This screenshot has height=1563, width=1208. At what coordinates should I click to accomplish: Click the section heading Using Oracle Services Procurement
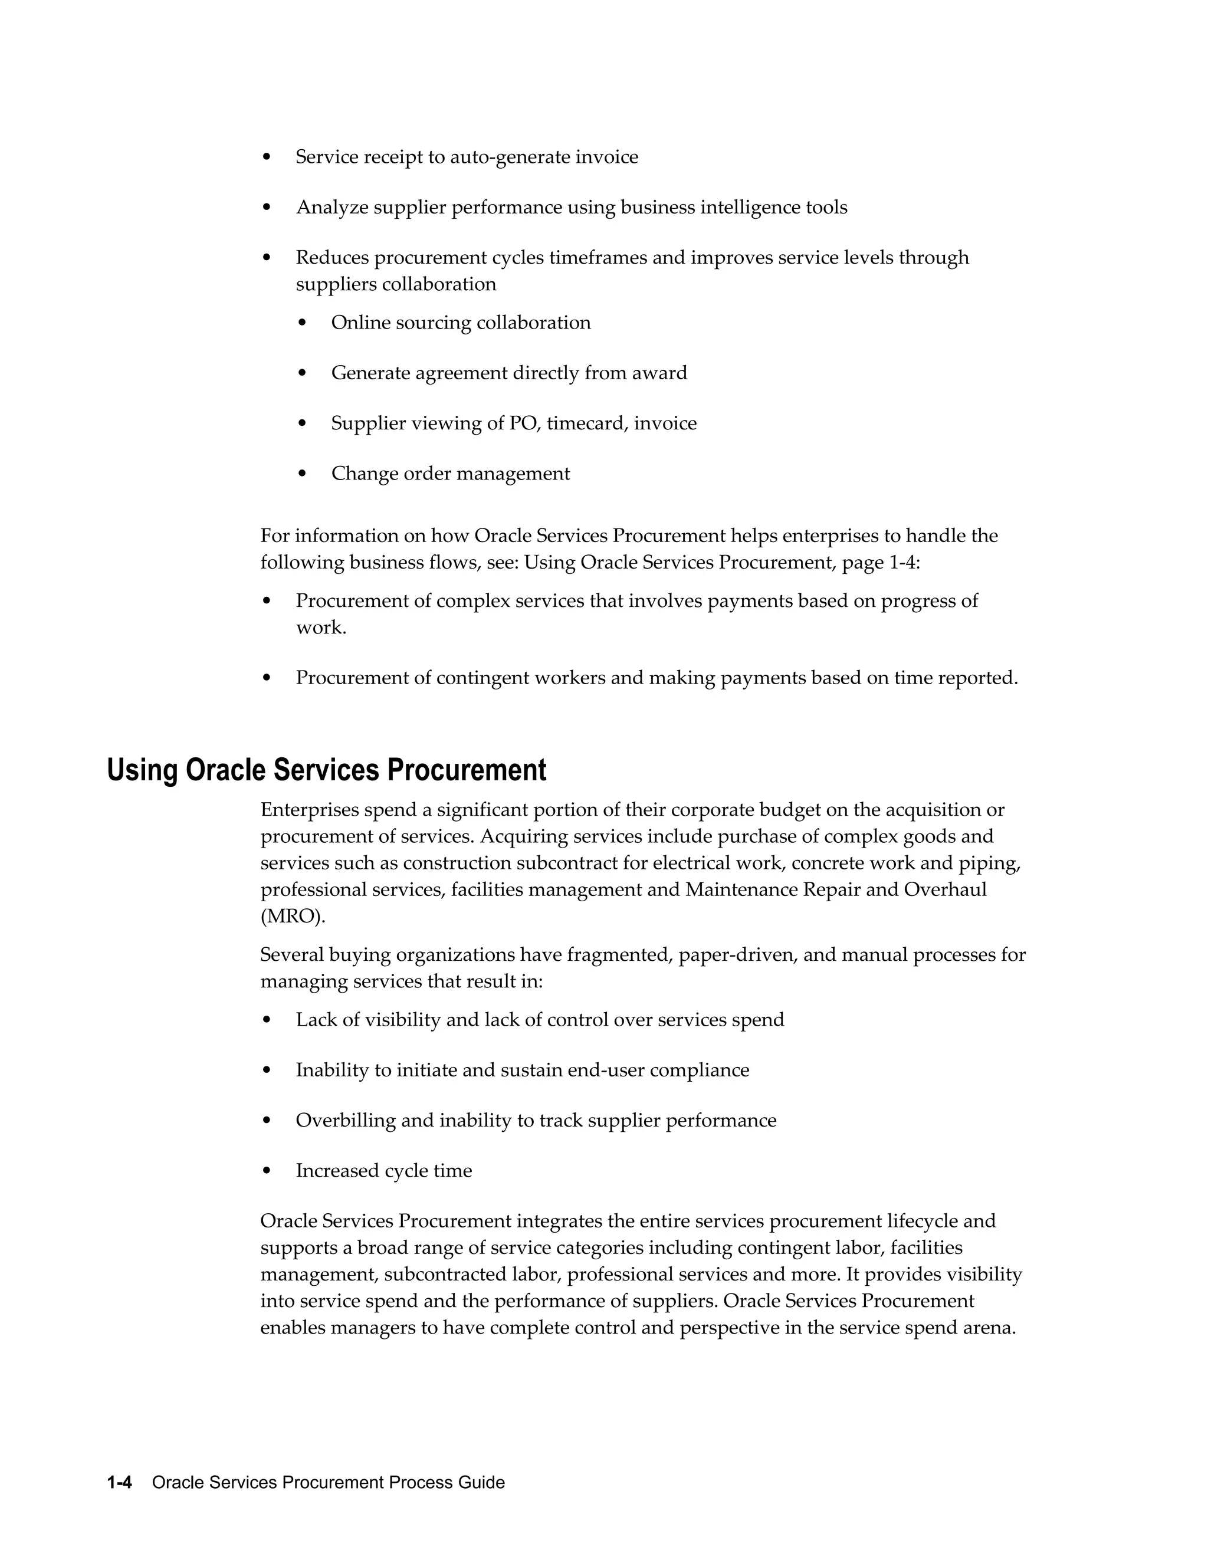[326, 771]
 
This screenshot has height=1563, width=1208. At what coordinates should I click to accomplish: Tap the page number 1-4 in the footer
[120, 1482]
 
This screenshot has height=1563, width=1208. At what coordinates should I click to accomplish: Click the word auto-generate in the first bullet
[510, 157]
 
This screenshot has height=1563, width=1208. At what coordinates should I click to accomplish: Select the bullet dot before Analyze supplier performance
[267, 208]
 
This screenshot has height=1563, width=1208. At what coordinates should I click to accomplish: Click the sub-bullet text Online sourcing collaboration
[461, 323]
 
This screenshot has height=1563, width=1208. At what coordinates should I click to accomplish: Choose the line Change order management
[450, 474]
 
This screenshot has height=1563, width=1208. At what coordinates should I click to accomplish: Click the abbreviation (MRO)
[293, 917]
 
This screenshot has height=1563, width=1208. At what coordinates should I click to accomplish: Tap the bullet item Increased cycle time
[383, 1171]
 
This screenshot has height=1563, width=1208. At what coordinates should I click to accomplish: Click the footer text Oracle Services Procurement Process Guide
[329, 1482]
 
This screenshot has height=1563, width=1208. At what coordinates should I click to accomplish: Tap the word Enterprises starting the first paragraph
[310, 810]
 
